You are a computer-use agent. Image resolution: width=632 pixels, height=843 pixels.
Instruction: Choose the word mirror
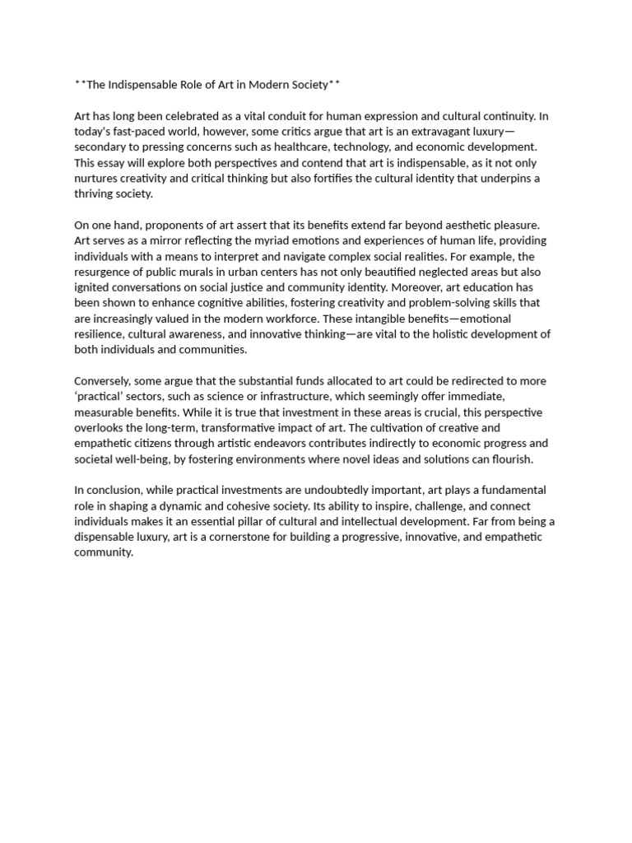point(170,240)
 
